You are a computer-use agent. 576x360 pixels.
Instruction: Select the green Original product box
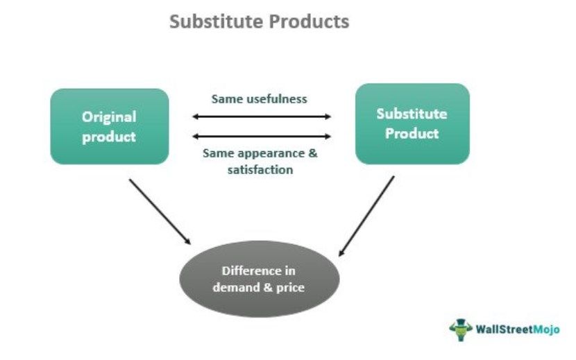(x=110, y=126)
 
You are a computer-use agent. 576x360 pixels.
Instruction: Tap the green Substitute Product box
(x=412, y=123)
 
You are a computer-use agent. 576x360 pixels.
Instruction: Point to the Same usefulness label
(x=260, y=98)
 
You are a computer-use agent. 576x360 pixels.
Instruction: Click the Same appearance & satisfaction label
(x=260, y=161)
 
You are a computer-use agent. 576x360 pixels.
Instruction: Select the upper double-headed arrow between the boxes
(x=262, y=117)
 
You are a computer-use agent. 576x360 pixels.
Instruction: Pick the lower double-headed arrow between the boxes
(x=262, y=137)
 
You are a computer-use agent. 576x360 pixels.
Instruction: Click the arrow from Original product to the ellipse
(x=159, y=211)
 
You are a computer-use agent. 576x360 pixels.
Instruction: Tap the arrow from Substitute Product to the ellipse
(x=366, y=215)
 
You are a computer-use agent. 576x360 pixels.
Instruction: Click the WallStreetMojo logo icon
(x=460, y=329)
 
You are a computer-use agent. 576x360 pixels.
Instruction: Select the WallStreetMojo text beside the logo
(x=517, y=329)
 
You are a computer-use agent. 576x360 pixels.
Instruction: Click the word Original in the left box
(x=109, y=117)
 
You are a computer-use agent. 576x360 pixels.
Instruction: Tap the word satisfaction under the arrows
(x=260, y=169)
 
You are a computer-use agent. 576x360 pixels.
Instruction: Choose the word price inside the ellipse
(x=290, y=287)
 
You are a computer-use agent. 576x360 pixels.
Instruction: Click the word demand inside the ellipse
(x=243, y=287)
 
